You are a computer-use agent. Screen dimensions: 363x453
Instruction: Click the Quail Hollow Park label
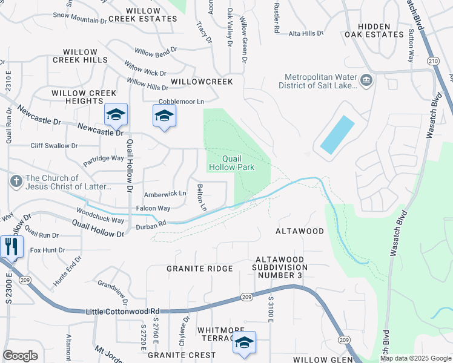(231, 163)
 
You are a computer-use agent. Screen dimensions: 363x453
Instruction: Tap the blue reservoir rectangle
(337, 134)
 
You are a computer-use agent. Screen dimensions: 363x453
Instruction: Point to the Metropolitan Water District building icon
(366, 80)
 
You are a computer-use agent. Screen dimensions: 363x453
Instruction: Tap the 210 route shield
(432, 61)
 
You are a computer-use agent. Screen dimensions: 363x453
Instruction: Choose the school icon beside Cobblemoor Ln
(164, 115)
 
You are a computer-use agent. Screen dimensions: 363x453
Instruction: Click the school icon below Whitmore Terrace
(244, 342)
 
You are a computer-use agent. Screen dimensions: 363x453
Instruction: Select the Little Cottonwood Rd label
(124, 310)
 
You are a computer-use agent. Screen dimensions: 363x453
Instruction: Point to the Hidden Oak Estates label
(381, 30)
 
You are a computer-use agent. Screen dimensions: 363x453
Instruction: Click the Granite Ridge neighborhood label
(200, 269)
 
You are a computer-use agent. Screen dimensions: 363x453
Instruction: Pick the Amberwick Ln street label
(165, 194)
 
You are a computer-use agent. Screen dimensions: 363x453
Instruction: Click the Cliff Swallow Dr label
(54, 146)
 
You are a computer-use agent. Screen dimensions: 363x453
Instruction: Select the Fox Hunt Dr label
(47, 250)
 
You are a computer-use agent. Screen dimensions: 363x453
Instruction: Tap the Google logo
(20, 355)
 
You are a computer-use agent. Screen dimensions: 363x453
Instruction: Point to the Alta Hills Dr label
(306, 34)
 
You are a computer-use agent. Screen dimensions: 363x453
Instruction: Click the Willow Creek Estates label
(151, 15)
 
